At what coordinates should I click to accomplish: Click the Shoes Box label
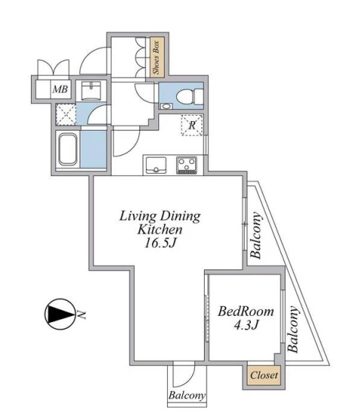(157, 57)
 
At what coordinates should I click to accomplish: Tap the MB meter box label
(60, 89)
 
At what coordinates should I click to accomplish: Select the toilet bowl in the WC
(189, 96)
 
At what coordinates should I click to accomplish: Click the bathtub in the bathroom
(68, 150)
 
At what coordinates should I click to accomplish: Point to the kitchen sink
(156, 165)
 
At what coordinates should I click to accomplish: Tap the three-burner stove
(187, 165)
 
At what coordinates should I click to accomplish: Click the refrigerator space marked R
(192, 125)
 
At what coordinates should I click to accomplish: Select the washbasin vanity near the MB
(91, 91)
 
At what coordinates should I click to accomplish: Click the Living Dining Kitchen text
(160, 223)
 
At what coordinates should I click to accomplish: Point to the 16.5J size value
(160, 242)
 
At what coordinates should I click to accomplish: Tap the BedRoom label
(246, 311)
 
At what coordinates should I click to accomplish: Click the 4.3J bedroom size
(246, 324)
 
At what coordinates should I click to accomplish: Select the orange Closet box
(264, 375)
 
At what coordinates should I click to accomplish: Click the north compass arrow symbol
(59, 314)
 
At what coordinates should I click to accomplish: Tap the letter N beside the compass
(81, 314)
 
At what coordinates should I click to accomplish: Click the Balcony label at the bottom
(187, 395)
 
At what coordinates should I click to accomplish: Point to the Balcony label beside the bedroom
(292, 329)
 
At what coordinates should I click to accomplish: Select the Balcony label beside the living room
(256, 235)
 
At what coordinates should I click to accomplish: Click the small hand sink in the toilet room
(166, 106)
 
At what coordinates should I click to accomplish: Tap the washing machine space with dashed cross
(66, 114)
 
